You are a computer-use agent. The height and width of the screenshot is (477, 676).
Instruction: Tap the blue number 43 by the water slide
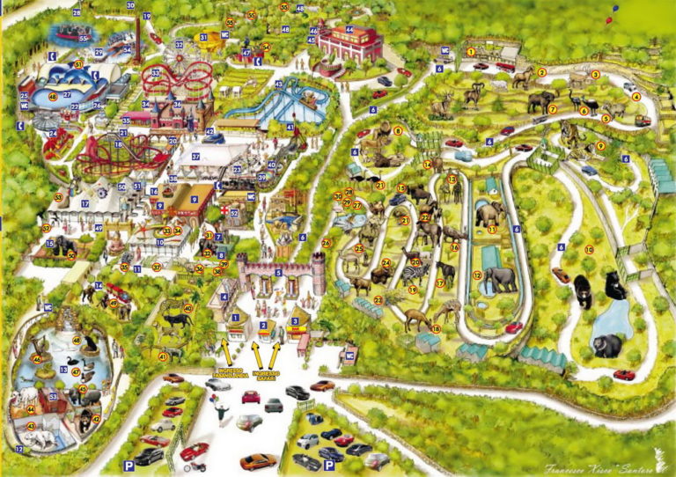click(279, 84)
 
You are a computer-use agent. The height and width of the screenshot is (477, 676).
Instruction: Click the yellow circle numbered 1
click(471, 51)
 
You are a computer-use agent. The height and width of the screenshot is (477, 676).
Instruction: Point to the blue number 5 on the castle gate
click(278, 273)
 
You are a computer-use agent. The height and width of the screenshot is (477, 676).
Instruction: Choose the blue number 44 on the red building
click(349, 29)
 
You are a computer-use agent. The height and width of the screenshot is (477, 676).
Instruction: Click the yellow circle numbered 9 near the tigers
click(599, 146)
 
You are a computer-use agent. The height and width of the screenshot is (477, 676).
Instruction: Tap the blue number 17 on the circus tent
click(85, 203)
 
